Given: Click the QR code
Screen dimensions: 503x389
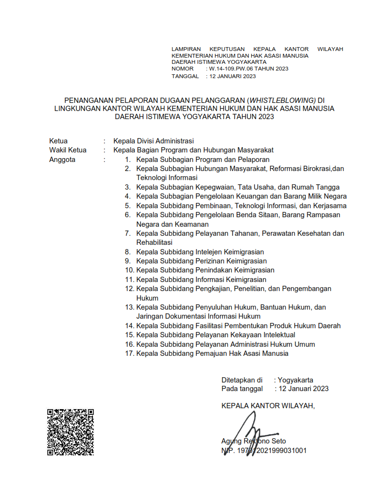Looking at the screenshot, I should (x=71, y=432).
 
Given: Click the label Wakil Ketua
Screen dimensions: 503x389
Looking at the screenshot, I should (x=68, y=151).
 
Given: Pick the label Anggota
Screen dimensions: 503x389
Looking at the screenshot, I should (x=62, y=160).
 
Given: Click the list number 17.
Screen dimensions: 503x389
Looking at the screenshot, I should (x=129, y=354).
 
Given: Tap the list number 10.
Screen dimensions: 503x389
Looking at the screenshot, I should (x=129, y=270).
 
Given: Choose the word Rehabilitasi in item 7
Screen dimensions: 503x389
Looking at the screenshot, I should (x=154, y=242).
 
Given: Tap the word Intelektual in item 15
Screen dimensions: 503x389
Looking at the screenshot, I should (x=277, y=335).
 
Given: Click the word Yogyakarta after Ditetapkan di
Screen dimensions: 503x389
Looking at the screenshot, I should (x=296, y=380).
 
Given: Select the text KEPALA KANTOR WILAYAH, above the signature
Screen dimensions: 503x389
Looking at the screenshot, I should (x=268, y=406).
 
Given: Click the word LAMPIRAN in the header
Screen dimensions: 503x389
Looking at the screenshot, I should (x=186, y=49).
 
